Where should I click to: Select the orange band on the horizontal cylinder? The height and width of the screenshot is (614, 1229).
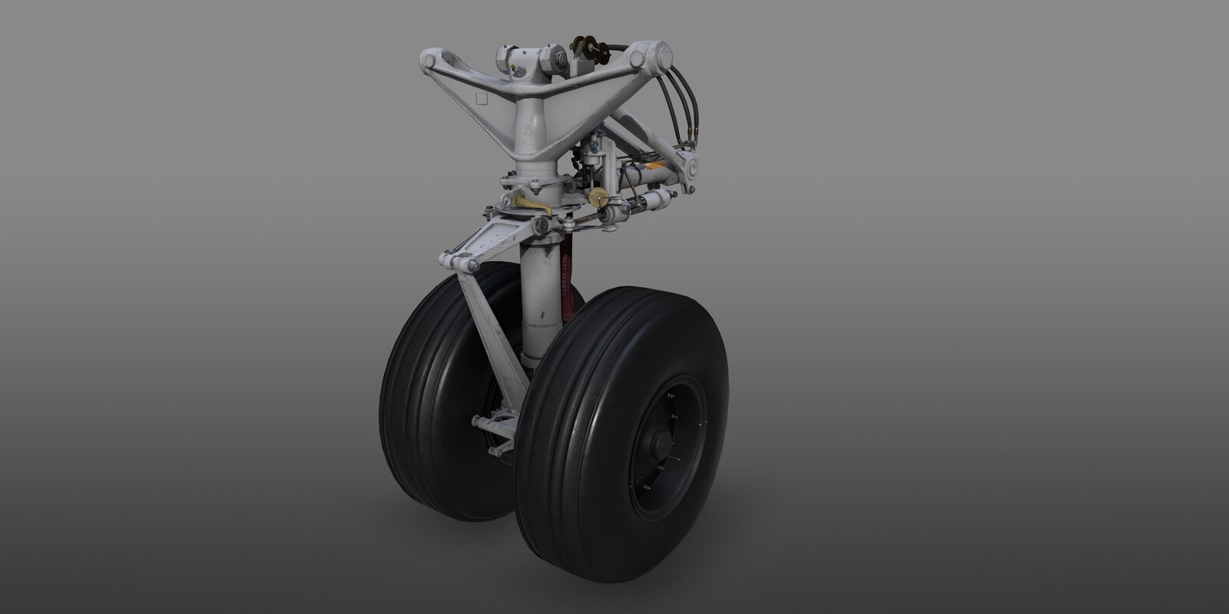651,163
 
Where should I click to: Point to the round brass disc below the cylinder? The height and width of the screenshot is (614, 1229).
597,194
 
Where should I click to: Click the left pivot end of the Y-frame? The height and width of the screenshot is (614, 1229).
432,59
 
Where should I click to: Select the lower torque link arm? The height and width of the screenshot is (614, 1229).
479,338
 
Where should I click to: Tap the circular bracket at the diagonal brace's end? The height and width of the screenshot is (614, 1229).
687,168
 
